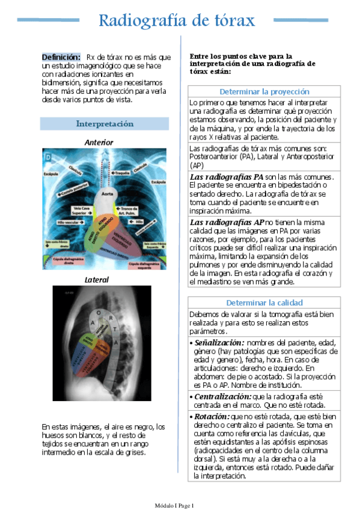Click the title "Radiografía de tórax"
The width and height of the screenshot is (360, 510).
pos(177,21)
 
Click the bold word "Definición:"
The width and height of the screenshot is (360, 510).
pos(61,57)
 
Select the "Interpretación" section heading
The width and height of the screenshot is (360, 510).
pos(104,124)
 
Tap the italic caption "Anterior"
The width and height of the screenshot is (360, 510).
pos(99,142)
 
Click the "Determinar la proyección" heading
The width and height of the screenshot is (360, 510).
pos(264,92)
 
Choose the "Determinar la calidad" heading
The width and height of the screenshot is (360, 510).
pos(264,303)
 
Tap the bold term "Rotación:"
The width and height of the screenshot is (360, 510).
pos(210,417)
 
